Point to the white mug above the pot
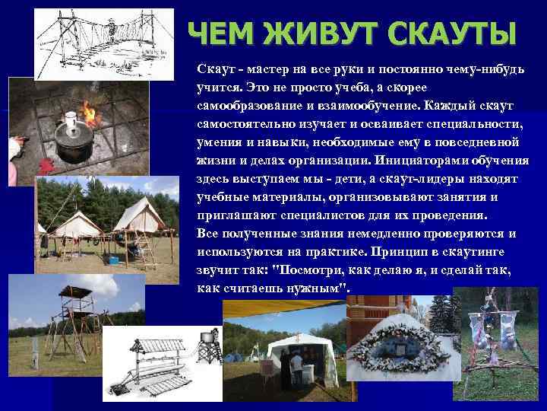[x=71, y=119]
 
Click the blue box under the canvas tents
[x=112, y=260]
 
